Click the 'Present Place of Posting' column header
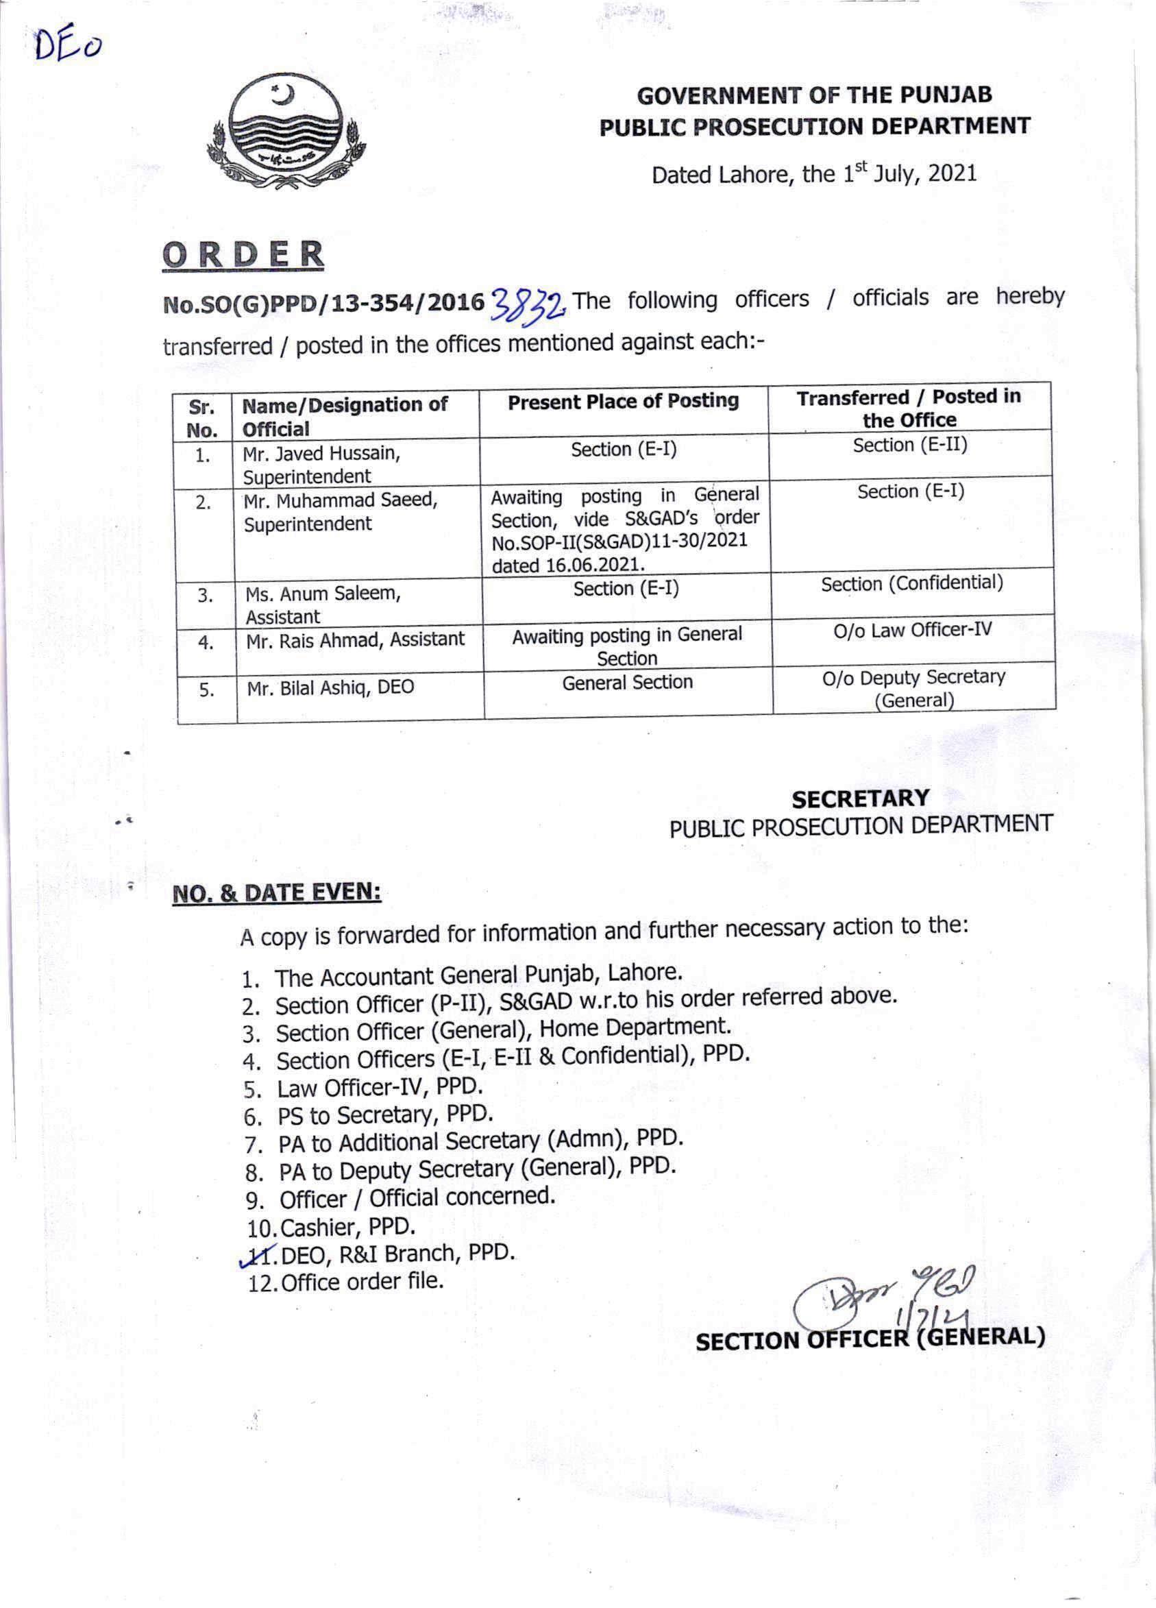[x=623, y=401]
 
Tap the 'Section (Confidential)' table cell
[x=911, y=583]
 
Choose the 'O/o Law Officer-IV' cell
[x=912, y=630]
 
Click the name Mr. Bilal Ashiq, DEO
[x=330, y=687]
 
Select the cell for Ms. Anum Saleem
[x=323, y=603]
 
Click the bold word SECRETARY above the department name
[x=860, y=799]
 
